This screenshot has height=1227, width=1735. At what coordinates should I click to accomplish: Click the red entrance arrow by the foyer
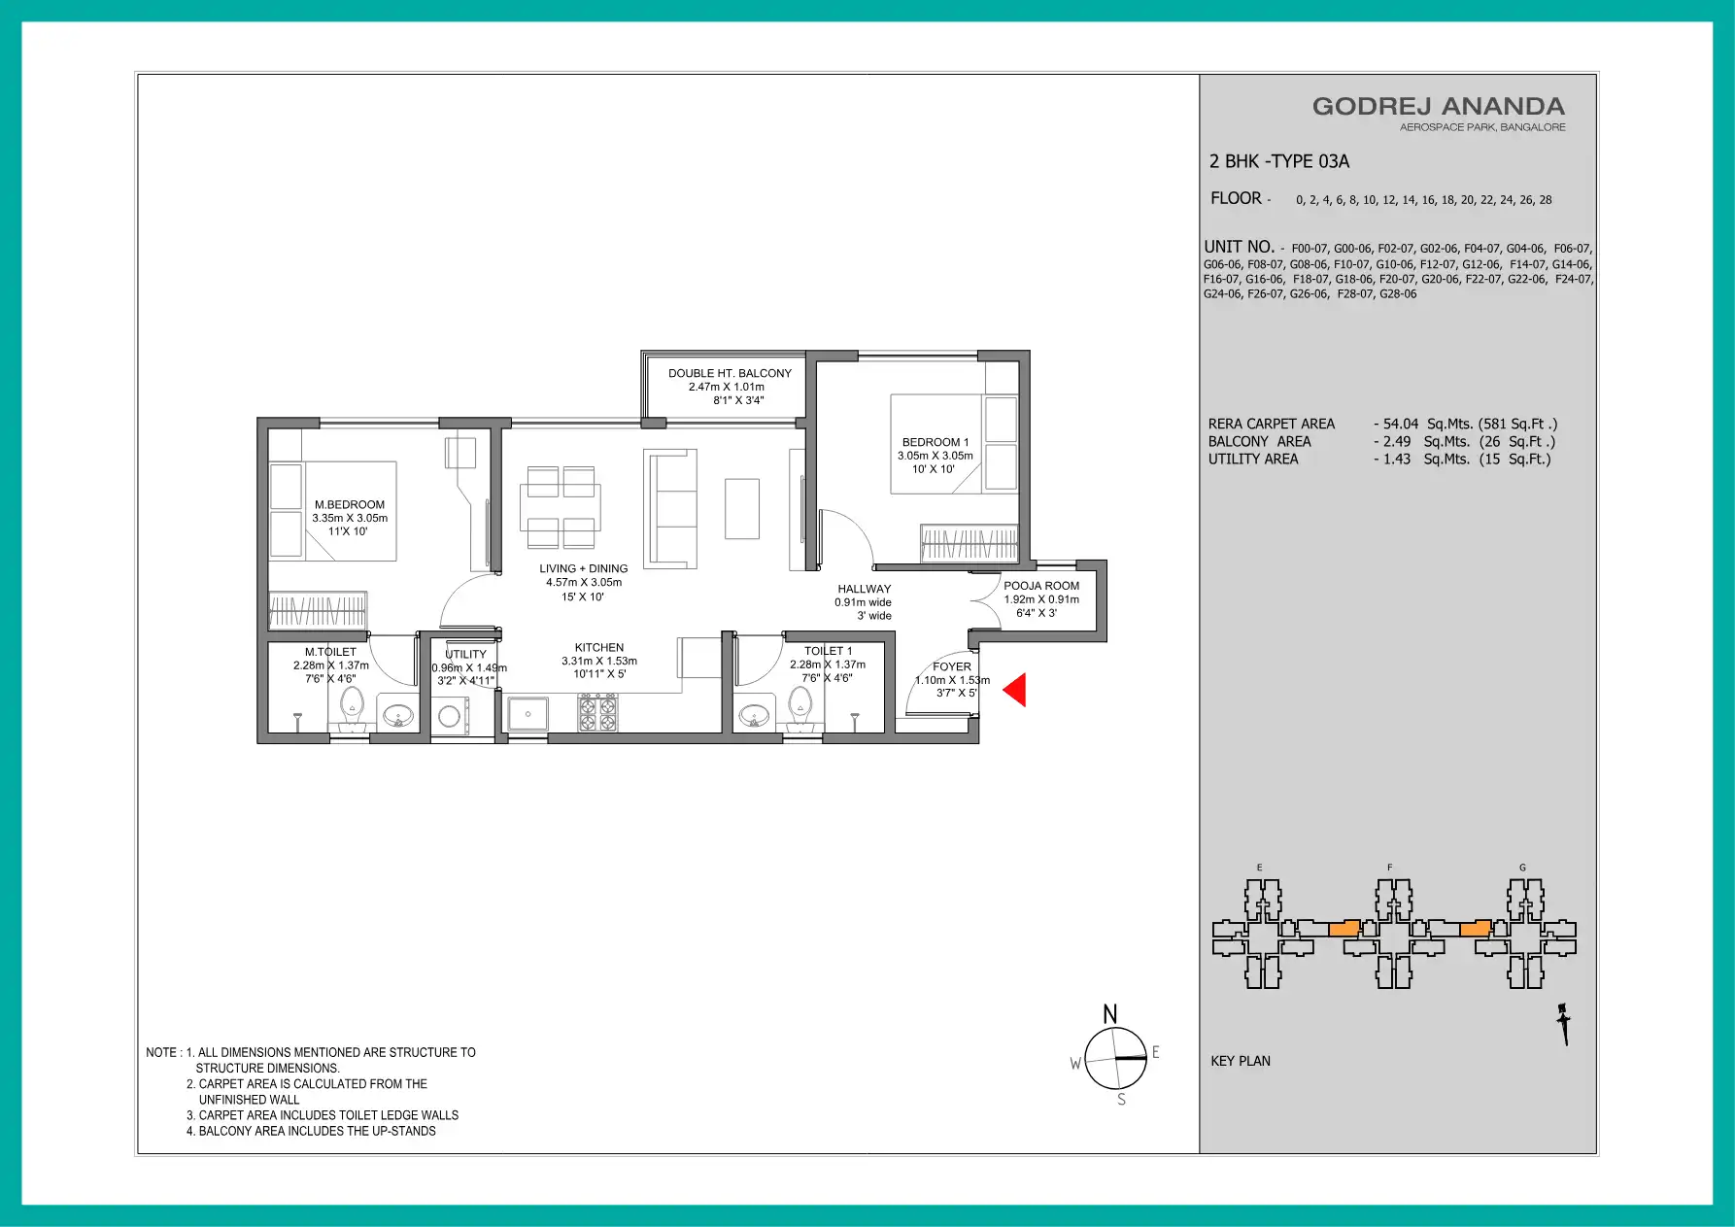(x=1014, y=691)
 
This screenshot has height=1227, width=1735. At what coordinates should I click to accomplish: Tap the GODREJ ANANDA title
(x=1439, y=107)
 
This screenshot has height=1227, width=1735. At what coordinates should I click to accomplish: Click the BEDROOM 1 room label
(x=936, y=442)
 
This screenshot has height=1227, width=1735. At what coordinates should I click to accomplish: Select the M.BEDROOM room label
(x=350, y=505)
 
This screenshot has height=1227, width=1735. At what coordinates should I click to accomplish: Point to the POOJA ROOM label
(x=1041, y=586)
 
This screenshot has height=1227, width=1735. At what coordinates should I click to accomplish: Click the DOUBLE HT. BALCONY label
(x=730, y=373)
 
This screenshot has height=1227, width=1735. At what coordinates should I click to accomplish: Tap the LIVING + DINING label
(x=584, y=569)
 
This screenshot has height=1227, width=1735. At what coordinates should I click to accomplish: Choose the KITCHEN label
(x=599, y=648)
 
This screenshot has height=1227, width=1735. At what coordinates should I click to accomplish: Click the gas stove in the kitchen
(x=597, y=713)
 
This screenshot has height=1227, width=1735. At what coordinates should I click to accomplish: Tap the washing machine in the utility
(x=449, y=717)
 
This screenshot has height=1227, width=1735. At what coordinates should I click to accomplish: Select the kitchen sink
(x=527, y=714)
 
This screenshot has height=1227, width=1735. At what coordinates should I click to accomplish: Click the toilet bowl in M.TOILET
(x=352, y=707)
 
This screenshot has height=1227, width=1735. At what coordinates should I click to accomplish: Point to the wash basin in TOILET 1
(x=754, y=717)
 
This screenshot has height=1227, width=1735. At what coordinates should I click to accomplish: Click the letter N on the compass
(x=1110, y=1015)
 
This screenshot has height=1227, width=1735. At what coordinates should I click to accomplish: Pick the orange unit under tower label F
(x=1344, y=929)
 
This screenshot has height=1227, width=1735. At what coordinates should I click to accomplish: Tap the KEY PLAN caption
(x=1241, y=1061)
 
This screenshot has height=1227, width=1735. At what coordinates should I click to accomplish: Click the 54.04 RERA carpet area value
(x=1401, y=424)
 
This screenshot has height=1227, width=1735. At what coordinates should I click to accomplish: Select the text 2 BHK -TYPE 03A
(x=1279, y=161)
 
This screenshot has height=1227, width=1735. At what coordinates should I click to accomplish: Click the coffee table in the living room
(x=742, y=508)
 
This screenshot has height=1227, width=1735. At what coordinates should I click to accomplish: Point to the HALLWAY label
(x=865, y=589)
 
